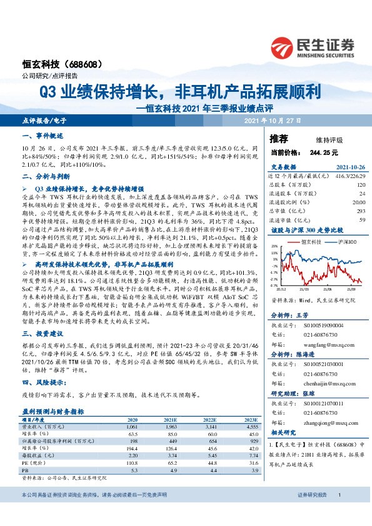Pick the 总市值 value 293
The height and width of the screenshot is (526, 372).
click(x=360, y=211)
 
